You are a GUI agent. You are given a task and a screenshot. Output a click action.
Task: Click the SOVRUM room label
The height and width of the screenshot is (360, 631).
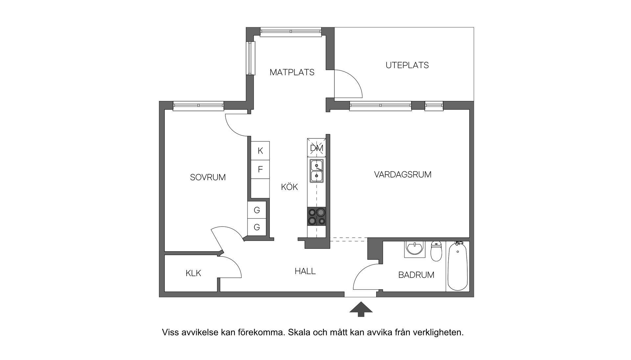coord(208,178)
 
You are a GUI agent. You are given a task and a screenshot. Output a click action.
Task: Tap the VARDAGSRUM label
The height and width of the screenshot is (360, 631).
coord(403,175)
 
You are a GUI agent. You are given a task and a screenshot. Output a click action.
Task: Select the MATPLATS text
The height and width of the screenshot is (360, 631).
coord(292,72)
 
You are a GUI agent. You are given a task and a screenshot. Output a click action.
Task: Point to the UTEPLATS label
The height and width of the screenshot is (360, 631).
coord(407,65)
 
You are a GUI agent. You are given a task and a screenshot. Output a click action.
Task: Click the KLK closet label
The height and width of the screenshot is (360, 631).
coord(193,273)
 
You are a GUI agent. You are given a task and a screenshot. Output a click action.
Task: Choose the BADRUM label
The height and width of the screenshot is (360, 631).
coord(416,275)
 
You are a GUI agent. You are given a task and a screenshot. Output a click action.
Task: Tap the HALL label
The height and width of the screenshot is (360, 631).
coord(305,272)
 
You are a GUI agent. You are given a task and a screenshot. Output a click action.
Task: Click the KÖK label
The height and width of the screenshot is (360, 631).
coord(289,187)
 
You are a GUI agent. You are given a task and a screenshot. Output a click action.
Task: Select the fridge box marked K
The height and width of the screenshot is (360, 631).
coord(260,151)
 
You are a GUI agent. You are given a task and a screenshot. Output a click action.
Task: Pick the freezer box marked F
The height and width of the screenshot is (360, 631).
coord(260,169)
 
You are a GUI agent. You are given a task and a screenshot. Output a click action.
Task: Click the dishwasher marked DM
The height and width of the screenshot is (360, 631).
coord(317,148)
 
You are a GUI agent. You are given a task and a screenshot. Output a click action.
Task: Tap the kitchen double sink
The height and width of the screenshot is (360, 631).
coord(316,171)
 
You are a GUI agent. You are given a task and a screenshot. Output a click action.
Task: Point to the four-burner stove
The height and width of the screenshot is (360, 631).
coord(317,217)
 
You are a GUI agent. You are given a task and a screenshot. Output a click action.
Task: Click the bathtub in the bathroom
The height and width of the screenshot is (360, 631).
coord(457,266)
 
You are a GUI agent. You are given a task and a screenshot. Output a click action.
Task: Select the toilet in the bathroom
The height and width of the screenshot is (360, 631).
coord(436,251)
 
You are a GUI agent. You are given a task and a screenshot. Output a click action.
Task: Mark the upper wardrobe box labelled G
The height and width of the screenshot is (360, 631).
coord(257,210)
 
